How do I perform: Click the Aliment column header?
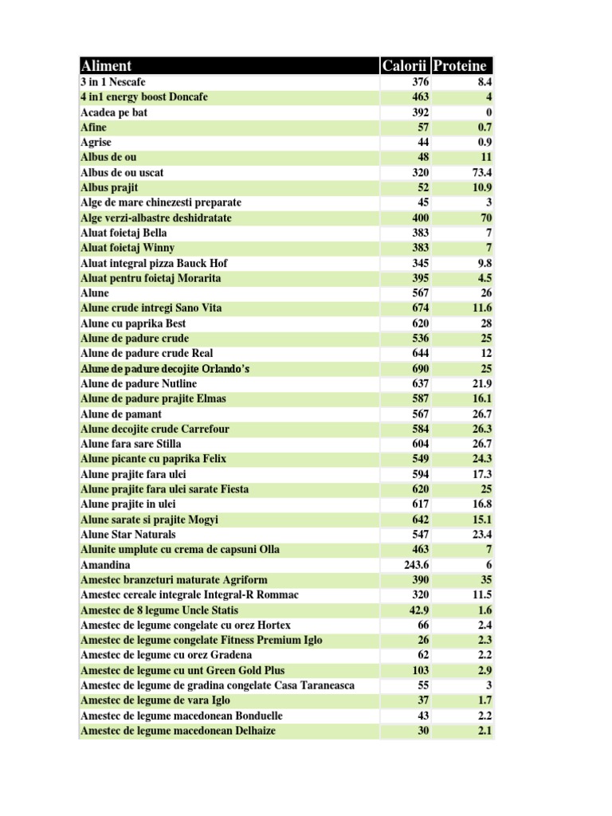pyautogui.click(x=107, y=66)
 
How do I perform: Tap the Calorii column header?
pyautogui.click(x=405, y=66)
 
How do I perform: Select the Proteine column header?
pyautogui.click(x=461, y=66)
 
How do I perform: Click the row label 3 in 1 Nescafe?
pyautogui.click(x=113, y=82)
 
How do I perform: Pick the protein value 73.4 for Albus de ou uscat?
pyautogui.click(x=481, y=172)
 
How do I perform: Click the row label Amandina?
pyautogui.click(x=105, y=565)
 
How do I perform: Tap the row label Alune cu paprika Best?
pyautogui.click(x=133, y=324)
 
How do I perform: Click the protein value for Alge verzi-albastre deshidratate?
pyautogui.click(x=484, y=218)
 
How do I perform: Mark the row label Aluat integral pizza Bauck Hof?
pyautogui.click(x=159, y=263)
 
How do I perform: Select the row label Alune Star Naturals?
pyautogui.click(x=128, y=535)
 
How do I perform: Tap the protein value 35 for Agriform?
pyautogui.click(x=485, y=580)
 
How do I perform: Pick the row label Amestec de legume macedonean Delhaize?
pyautogui.click(x=178, y=731)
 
